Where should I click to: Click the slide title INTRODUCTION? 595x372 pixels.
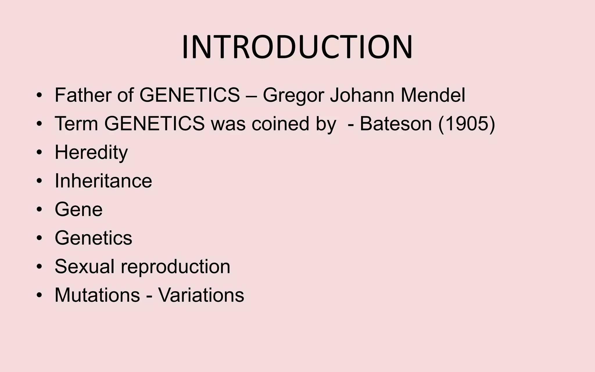(297, 47)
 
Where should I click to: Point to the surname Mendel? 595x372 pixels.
(433, 95)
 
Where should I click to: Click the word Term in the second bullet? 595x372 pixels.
(76, 124)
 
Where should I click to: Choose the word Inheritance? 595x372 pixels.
(103, 181)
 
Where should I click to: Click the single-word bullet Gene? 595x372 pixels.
(78, 209)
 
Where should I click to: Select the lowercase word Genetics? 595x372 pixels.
(93, 238)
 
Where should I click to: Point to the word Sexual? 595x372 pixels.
(85, 266)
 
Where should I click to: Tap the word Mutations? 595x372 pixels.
(97, 295)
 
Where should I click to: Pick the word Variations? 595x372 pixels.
(201, 295)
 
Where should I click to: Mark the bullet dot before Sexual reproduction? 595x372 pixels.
(40, 266)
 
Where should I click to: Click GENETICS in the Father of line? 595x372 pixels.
(190, 95)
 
